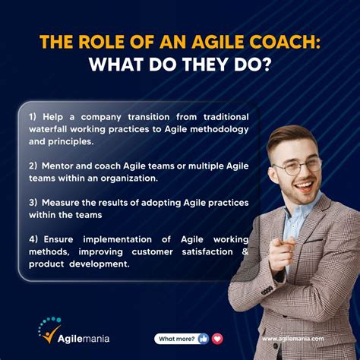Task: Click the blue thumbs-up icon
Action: [x=203, y=339]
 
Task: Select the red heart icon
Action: [x=217, y=339]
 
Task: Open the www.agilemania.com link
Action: [x=292, y=339]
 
